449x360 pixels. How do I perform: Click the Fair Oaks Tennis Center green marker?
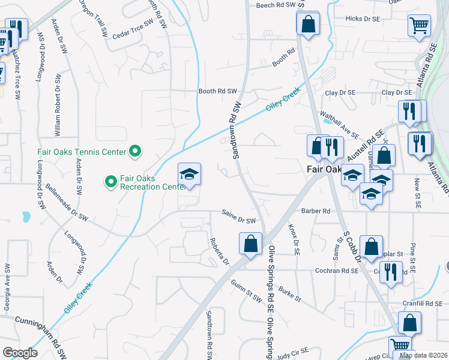135,152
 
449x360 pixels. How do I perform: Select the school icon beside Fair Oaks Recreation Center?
189,175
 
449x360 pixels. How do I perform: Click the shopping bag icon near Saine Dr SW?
251,244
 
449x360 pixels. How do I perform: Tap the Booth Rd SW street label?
218,92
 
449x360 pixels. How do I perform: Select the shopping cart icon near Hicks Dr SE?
419,25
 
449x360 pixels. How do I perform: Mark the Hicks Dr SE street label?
364,19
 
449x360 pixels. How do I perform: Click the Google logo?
20,352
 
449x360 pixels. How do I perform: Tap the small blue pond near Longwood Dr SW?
26,215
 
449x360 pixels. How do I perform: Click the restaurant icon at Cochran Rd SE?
391,271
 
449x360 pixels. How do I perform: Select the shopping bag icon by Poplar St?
372,247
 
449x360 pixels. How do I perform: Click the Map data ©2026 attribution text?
423,355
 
